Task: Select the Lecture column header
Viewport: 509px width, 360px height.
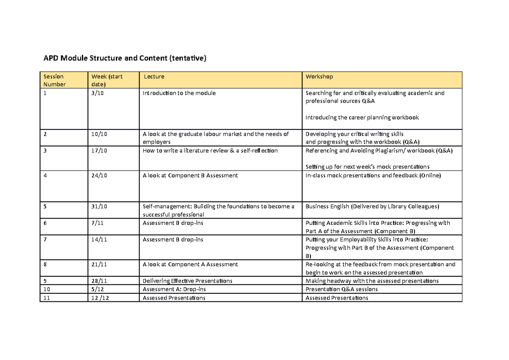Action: click(154, 76)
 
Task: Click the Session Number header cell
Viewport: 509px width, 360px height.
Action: click(55, 80)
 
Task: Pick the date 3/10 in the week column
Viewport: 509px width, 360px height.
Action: click(97, 93)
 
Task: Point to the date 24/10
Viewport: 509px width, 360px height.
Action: click(98, 175)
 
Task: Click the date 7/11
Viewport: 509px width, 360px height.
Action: click(97, 223)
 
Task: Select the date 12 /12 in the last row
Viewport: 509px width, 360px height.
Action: click(99, 298)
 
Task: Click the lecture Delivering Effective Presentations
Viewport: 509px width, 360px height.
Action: click(187, 281)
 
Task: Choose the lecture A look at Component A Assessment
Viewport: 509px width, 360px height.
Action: click(190, 264)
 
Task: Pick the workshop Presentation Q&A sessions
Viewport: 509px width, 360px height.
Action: click(341, 290)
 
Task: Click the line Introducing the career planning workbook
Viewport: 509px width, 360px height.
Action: click(362, 118)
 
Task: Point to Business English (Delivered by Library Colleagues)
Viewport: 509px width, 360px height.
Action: click(372, 207)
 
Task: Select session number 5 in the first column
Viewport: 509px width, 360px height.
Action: click(45, 207)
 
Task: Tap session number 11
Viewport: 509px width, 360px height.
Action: click(47, 298)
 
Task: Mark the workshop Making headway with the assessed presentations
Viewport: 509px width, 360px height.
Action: click(372, 281)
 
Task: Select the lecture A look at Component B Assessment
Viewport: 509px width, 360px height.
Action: click(190, 175)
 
